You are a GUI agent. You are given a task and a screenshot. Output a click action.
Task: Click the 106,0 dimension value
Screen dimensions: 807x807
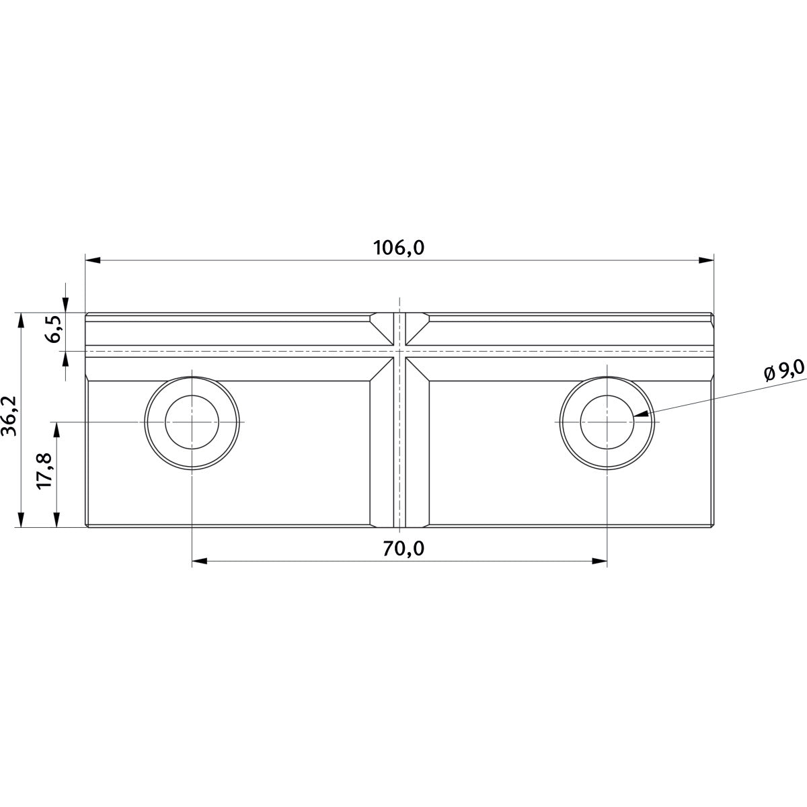click(x=399, y=248)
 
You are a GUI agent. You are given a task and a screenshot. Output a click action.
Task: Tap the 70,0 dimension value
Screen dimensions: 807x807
click(x=403, y=549)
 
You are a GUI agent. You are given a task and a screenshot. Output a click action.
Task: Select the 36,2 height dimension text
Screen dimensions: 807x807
click(x=9, y=416)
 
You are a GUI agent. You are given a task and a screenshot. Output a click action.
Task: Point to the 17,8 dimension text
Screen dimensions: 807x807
click(x=44, y=471)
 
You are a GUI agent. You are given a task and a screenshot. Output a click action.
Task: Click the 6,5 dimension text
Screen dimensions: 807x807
click(x=54, y=329)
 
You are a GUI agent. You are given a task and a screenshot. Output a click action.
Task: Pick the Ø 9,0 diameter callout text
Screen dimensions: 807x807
click(x=783, y=373)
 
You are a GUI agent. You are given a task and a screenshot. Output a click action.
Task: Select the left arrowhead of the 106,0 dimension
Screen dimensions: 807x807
click(x=93, y=260)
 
